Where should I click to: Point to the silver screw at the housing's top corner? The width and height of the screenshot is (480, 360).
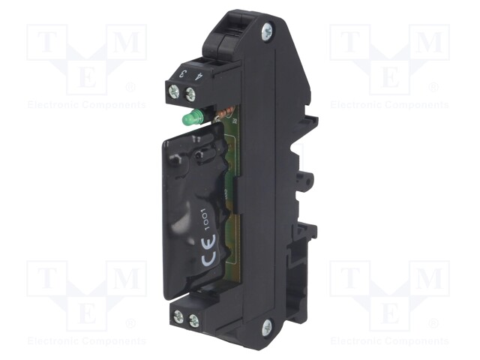coord(267,31)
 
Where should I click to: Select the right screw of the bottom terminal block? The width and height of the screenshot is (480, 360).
coord(194,321)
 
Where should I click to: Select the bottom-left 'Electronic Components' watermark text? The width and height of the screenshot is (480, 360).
coord(87,341)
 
